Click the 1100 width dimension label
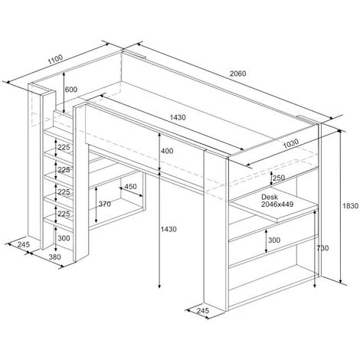click(55, 59)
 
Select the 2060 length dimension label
click(237, 74)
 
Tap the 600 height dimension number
click(71, 90)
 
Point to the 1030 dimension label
click(291, 143)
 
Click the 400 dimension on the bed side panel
click(167, 151)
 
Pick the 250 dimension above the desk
click(279, 178)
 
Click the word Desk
click(270, 197)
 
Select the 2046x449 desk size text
click(277, 204)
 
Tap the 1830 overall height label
click(351, 206)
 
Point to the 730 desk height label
click(322, 248)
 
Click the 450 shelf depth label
click(130, 186)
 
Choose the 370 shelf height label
click(105, 204)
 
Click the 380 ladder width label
click(55, 257)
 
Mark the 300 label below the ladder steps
click(64, 238)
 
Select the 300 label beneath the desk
click(274, 241)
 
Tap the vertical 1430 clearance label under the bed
click(169, 229)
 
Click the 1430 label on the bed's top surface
click(178, 117)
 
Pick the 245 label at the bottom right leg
click(203, 310)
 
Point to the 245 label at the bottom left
click(24, 244)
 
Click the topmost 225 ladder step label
click(64, 147)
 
